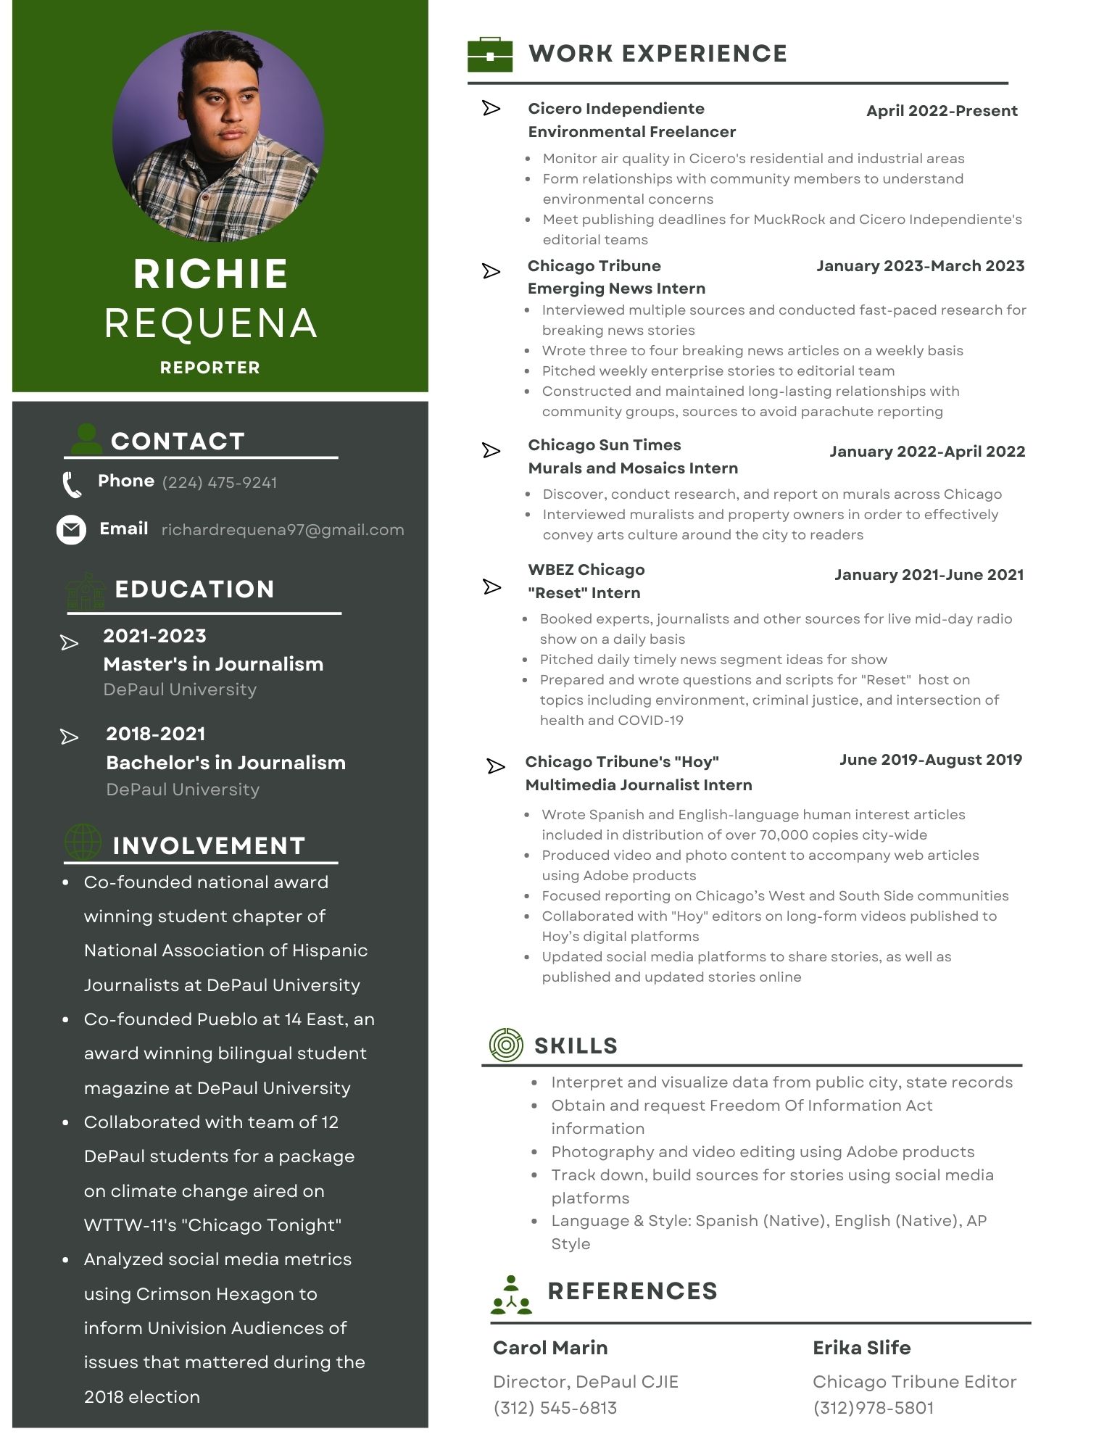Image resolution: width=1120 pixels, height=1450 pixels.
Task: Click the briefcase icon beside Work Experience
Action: click(x=490, y=54)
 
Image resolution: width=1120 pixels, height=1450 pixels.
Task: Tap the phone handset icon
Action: click(x=72, y=485)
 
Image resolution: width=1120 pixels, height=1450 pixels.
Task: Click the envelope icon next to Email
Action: click(x=71, y=530)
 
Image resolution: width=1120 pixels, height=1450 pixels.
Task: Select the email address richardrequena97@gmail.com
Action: click(x=283, y=530)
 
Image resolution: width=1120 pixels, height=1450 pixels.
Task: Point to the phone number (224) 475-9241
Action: click(x=220, y=483)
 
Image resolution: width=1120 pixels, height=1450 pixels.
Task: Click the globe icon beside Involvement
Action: click(x=83, y=842)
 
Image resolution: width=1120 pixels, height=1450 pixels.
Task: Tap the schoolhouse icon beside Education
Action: click(x=86, y=591)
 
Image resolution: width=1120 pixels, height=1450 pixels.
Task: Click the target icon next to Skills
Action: click(x=506, y=1045)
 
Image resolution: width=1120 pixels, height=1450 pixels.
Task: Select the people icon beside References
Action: click(x=511, y=1296)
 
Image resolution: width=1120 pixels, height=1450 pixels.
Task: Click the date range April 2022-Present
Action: click(x=942, y=111)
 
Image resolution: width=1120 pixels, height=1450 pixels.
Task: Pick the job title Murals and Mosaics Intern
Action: click(x=633, y=468)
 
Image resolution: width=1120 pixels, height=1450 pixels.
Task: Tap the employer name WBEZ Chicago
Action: click(x=586, y=570)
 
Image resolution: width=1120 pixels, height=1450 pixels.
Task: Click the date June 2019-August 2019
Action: click(x=931, y=760)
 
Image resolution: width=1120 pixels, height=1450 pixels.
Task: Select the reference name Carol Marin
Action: click(x=550, y=1348)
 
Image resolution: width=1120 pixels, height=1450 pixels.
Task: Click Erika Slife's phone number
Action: click(x=874, y=1408)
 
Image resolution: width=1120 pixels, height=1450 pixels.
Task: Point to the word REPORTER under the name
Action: click(x=210, y=368)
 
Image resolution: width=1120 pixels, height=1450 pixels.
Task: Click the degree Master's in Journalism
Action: click(x=213, y=664)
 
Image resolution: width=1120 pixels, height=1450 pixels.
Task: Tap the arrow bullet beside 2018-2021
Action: click(x=70, y=737)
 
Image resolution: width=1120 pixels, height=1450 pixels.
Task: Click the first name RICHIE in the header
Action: click(x=211, y=274)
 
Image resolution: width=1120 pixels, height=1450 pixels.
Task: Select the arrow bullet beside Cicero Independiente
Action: click(x=491, y=109)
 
